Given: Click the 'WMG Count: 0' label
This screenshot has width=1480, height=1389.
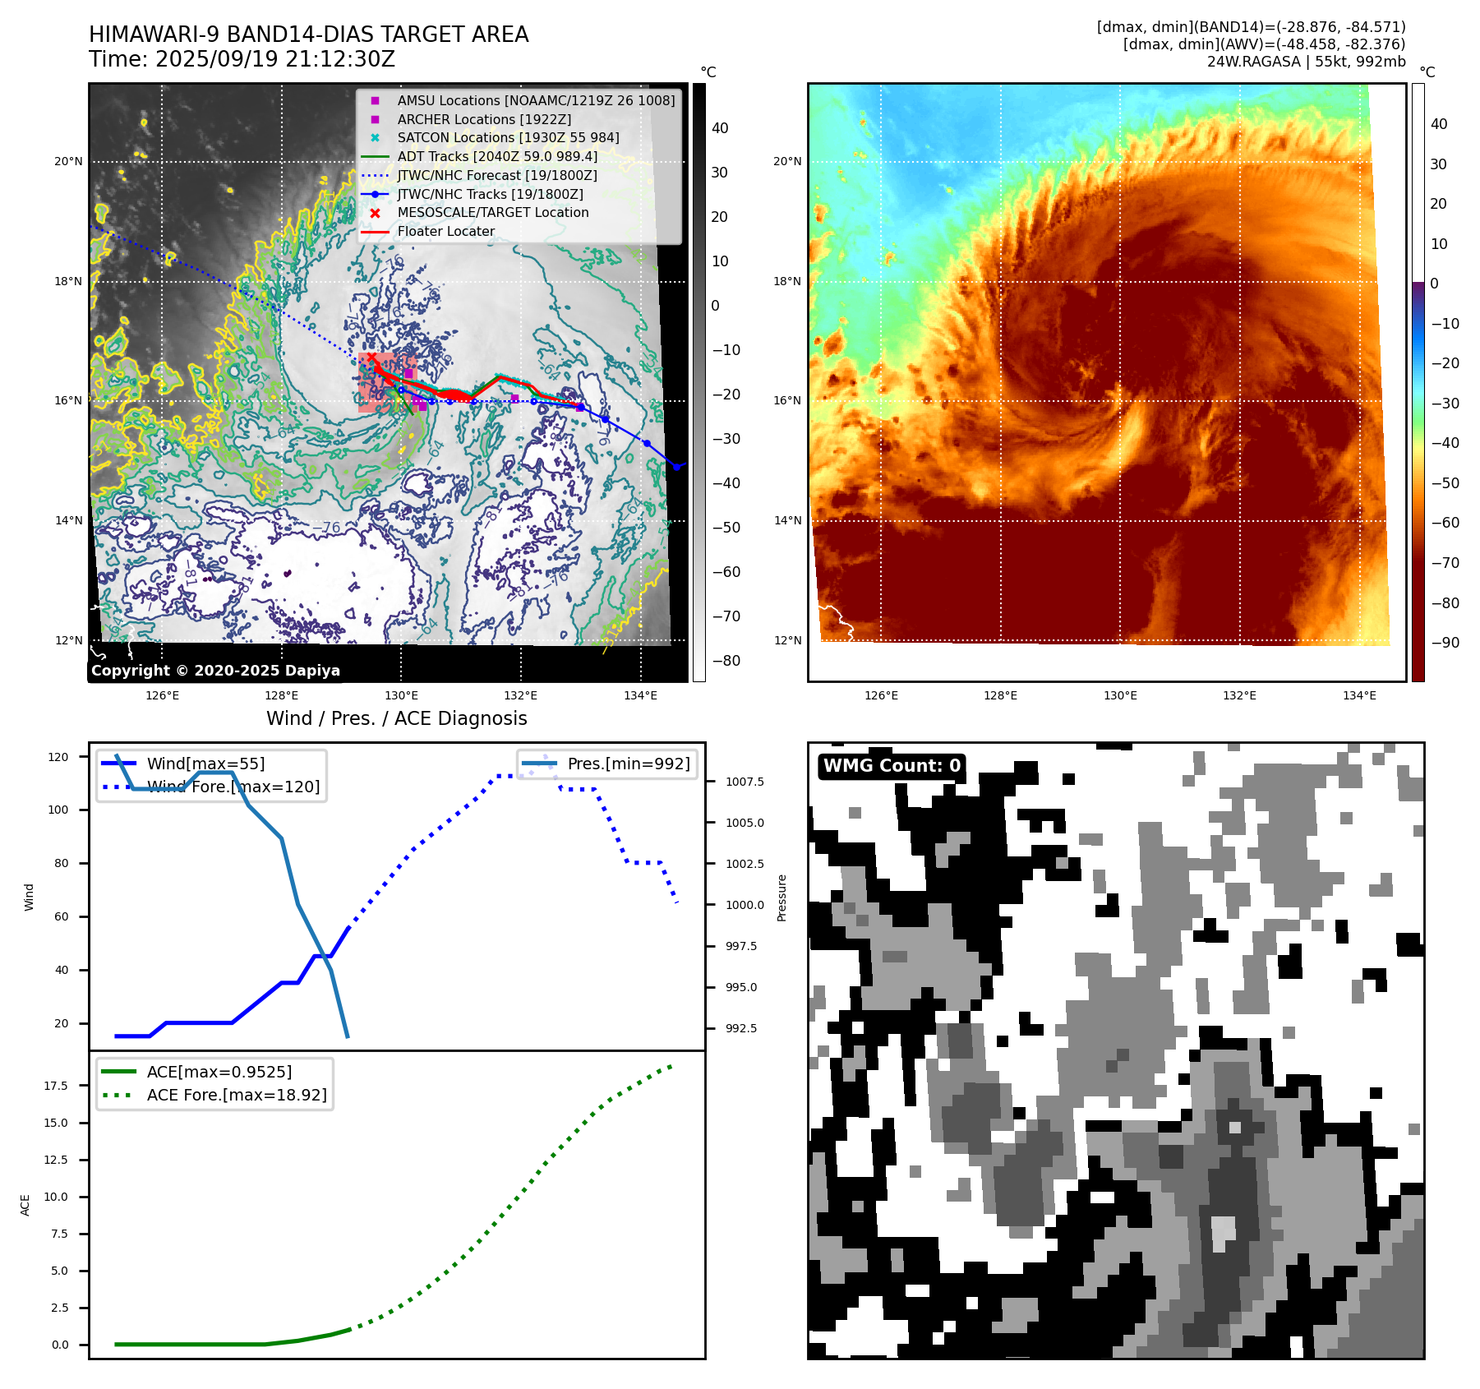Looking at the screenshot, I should tap(892, 766).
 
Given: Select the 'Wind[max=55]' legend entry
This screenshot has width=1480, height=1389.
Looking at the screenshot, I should tap(205, 764).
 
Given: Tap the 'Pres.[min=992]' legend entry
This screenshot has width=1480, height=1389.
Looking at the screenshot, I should tap(629, 764).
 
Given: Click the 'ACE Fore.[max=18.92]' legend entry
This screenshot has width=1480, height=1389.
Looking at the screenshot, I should tap(237, 1095).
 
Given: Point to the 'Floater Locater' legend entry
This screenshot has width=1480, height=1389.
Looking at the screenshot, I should tap(445, 231).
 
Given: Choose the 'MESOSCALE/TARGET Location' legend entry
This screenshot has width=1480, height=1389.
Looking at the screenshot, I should tap(493, 212).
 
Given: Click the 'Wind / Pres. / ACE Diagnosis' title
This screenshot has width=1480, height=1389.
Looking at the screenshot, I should tap(396, 718).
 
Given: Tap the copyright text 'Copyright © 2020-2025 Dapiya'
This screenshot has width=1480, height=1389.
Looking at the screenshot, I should tap(215, 671).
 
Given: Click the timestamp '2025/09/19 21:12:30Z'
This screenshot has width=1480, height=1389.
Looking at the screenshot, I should tap(274, 59).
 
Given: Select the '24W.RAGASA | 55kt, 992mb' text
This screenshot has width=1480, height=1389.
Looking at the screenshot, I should tap(1306, 62).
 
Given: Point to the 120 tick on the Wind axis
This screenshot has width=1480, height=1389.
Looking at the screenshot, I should tap(58, 757).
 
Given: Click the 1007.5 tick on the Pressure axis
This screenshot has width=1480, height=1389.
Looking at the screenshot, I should tap(745, 782).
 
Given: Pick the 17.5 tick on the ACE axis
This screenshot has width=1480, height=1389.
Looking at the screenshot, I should tap(56, 1086).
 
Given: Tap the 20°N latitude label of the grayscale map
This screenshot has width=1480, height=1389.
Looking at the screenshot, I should tap(68, 161).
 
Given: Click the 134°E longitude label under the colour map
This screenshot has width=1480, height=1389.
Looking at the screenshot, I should tap(1359, 695).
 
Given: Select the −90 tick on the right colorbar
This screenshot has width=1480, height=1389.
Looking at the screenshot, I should tap(1445, 643).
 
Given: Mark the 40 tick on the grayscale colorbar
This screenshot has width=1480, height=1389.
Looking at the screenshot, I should tap(720, 128).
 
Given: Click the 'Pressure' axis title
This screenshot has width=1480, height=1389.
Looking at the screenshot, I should tap(781, 898).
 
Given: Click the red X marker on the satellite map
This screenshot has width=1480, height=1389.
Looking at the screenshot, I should tap(371, 357).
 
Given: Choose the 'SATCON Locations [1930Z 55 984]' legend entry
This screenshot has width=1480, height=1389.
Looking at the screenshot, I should tap(508, 137).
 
